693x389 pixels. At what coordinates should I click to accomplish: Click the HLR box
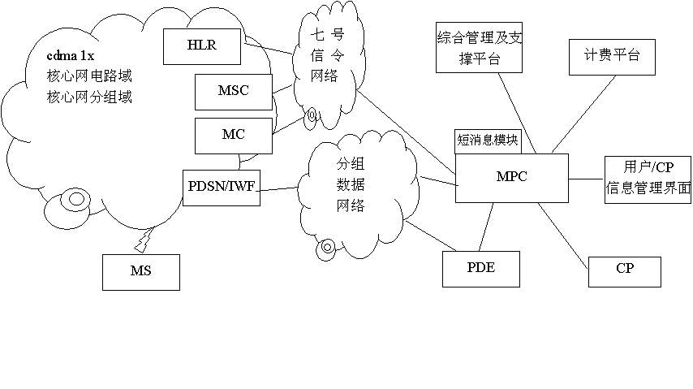pos(202,45)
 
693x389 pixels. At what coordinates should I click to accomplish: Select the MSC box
pos(233,91)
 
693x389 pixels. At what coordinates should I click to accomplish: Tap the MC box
pos(233,135)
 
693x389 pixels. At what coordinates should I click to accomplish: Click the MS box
pos(140,270)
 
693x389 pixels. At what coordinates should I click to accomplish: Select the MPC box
pos(511,177)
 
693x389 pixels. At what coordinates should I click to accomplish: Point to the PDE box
pos(480,268)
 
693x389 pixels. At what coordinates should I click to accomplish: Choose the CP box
pos(624,270)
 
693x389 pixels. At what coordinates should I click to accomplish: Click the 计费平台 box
pos(611,56)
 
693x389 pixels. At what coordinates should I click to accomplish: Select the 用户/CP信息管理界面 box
pos(648,179)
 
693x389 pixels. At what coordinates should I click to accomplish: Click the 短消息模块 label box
pos(488,140)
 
